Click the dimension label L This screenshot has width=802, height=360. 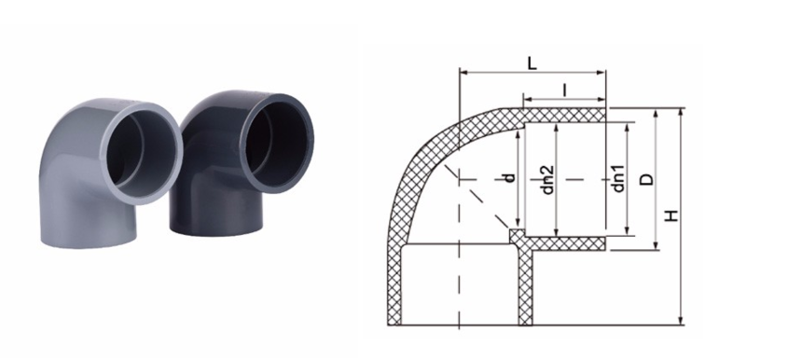[x=532, y=63]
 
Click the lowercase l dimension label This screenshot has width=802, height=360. [x=564, y=90]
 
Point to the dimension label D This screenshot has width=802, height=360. [x=647, y=179]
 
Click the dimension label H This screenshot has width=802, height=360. [x=672, y=215]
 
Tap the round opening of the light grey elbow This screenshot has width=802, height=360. [x=143, y=151]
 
